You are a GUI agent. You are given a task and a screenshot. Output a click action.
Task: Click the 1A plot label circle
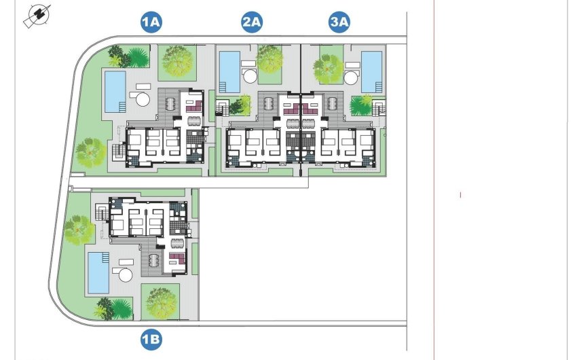[x=151, y=22]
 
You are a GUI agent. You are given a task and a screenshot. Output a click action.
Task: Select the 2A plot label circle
[x=252, y=22]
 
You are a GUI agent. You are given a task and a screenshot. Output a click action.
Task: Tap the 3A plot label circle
[x=339, y=22]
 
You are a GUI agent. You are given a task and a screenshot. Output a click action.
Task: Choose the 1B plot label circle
[x=151, y=338]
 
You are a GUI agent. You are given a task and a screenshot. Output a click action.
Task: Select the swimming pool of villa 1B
[x=98, y=273]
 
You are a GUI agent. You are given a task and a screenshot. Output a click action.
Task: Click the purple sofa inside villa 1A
[x=191, y=106]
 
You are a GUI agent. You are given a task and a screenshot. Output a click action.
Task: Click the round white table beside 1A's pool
[x=143, y=99]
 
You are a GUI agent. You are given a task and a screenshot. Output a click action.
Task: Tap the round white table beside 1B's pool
[x=126, y=274]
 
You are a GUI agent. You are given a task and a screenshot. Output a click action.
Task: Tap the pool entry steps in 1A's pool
[x=122, y=107]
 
